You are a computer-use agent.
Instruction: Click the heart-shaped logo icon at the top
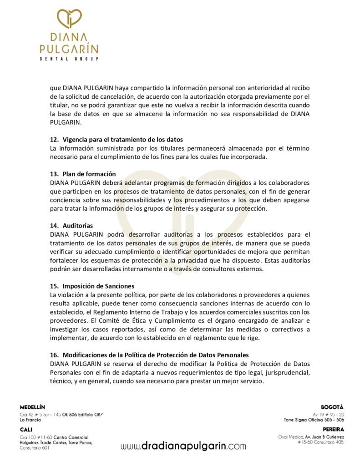(69, 20)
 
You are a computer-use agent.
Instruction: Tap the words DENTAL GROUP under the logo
(69, 59)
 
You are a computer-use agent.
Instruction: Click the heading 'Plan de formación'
(89, 174)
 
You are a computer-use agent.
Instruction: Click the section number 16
(54, 355)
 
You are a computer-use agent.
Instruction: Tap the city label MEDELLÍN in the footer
(33, 406)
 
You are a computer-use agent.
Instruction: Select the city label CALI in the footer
(26, 429)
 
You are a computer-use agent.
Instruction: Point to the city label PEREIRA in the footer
(333, 429)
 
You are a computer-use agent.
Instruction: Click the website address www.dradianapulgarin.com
(183, 446)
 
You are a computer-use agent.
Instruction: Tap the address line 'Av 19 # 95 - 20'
(329, 414)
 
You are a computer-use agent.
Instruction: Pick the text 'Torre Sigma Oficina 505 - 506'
(314, 420)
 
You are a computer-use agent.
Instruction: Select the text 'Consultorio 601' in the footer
(35, 448)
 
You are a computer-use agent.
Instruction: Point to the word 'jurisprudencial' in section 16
(287, 372)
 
